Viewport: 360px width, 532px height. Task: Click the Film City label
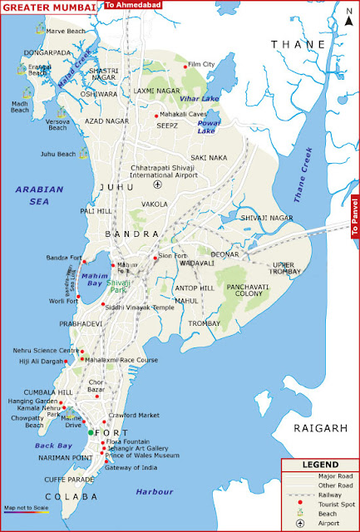tap(201, 64)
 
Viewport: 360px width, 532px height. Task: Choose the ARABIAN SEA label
tap(39, 195)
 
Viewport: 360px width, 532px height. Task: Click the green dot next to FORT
tap(91, 432)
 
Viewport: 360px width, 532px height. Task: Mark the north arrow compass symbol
tap(344, 16)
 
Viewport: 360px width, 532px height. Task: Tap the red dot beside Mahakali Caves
tap(156, 116)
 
